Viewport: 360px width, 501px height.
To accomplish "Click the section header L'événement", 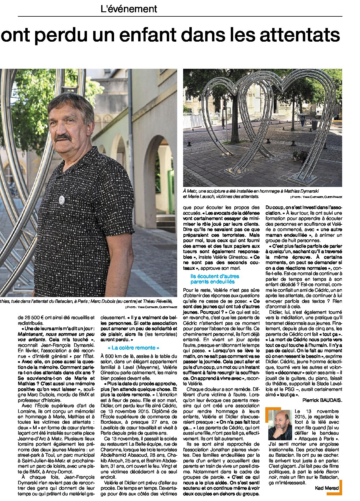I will (x=129, y=9).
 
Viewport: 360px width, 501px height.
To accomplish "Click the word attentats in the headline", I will (x=300, y=35).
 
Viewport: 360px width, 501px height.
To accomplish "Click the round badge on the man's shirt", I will (x=62, y=199).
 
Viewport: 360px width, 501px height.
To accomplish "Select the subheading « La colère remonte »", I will (x=133, y=348).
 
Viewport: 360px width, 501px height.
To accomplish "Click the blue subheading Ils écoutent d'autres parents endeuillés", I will (x=215, y=279).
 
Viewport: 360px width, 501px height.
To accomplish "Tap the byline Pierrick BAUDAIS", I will (x=322, y=400).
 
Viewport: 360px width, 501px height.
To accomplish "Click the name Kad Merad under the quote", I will (x=327, y=488).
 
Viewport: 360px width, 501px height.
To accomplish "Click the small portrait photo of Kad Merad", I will (x=280, y=425).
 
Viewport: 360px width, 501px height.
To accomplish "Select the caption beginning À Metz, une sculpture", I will (x=251, y=194).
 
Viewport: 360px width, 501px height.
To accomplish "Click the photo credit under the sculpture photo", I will (x=317, y=197).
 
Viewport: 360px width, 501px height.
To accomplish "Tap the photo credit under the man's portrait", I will (x=151, y=307).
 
